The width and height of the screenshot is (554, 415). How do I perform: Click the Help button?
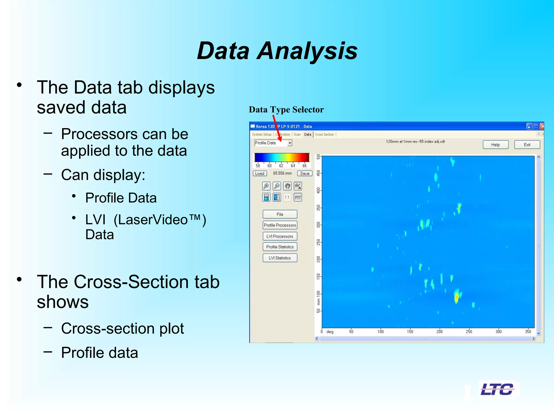coord(495,145)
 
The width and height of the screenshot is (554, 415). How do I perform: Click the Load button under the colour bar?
coord(260,173)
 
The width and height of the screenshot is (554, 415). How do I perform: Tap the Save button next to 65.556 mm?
coord(305,173)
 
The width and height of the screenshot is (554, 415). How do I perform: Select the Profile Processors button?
coord(280,225)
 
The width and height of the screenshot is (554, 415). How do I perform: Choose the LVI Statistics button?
coord(280,258)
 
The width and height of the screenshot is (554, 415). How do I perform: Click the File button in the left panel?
coord(280,214)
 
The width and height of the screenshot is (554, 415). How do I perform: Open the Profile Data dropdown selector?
coord(290,143)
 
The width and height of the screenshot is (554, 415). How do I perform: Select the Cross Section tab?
coord(324,134)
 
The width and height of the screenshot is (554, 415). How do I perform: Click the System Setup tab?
coord(261,134)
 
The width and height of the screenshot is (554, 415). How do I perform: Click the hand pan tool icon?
coord(287,186)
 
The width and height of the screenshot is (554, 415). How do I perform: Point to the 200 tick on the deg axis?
coord(439,331)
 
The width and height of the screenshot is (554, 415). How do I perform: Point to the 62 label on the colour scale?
coord(281,166)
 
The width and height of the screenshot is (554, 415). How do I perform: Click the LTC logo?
coord(497,389)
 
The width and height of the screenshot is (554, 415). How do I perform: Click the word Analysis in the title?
coord(307,51)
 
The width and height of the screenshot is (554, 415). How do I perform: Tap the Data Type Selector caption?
coord(286,109)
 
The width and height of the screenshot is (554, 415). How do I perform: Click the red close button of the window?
coord(542,126)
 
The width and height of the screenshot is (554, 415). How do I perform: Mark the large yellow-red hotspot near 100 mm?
coord(457,297)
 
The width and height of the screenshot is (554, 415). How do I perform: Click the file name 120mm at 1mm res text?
coord(415,142)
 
